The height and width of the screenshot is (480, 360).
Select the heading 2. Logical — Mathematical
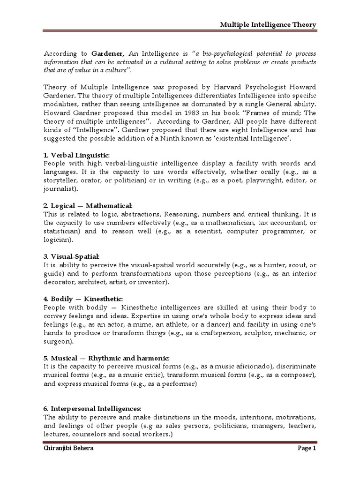(x=88, y=206)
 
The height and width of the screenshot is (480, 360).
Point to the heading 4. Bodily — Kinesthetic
(x=83, y=299)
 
